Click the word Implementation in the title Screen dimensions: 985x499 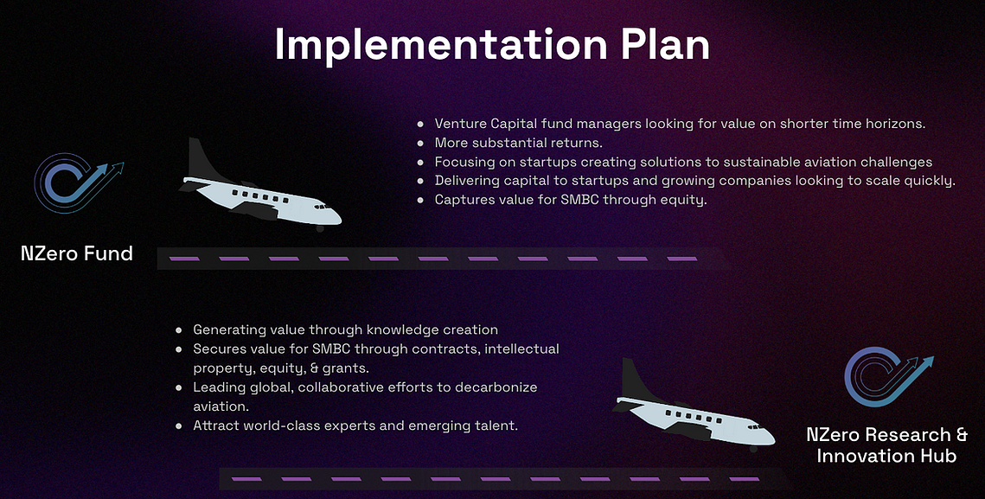(435, 45)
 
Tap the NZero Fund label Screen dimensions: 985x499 (77, 254)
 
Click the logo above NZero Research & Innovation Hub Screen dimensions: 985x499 (888, 376)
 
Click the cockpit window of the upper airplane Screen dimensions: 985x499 (321, 206)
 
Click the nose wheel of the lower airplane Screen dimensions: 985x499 (754, 448)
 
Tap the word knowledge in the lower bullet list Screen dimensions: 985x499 (397, 330)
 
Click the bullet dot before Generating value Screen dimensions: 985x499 (179, 330)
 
